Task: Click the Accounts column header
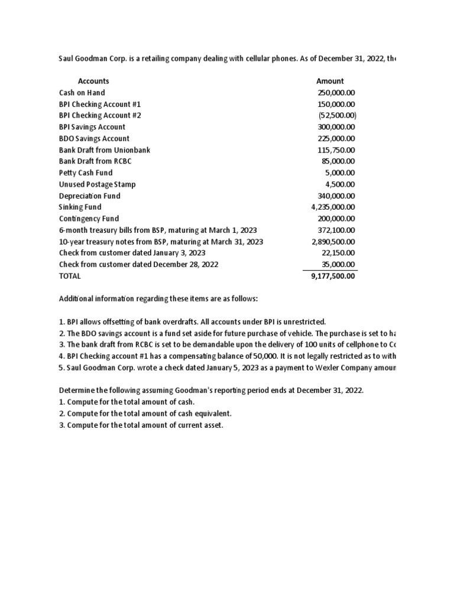click(x=93, y=81)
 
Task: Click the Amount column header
click(x=330, y=81)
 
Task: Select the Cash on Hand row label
click(x=82, y=93)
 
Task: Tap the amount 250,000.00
click(x=336, y=93)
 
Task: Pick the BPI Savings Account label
click(x=92, y=127)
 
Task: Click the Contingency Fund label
click(x=89, y=219)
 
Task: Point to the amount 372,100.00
click(x=336, y=230)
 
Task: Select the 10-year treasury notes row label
click(x=161, y=242)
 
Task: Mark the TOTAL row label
click(x=70, y=276)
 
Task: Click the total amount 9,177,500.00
click(x=333, y=276)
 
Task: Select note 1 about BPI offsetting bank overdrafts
click(x=192, y=322)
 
